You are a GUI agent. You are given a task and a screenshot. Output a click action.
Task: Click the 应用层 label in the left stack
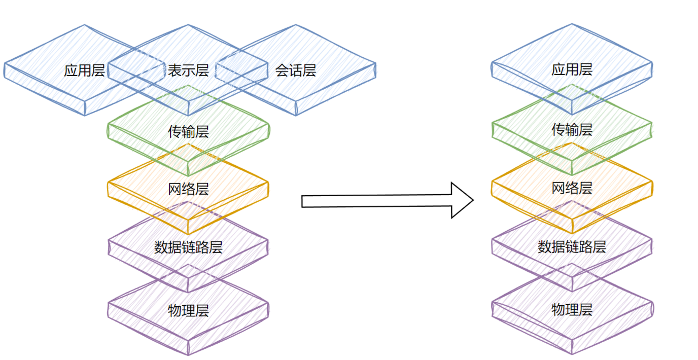click(x=84, y=70)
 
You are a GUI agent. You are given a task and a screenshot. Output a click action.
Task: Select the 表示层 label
click(x=188, y=70)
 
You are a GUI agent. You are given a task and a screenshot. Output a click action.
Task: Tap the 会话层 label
click(x=296, y=70)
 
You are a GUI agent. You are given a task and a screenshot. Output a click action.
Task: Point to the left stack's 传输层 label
click(x=188, y=132)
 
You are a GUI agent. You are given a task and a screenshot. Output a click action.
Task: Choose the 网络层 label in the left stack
click(x=188, y=190)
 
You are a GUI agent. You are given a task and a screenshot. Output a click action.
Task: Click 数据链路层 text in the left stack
click(x=188, y=247)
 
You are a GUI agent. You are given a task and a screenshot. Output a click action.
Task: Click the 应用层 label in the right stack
click(x=572, y=69)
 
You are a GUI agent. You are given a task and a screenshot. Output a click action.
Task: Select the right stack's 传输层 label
click(x=572, y=130)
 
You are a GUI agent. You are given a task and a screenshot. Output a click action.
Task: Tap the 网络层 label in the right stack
click(x=572, y=189)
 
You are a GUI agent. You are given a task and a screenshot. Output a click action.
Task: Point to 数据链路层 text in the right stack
click(x=572, y=247)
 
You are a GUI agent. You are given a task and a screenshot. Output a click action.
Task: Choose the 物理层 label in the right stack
click(x=572, y=309)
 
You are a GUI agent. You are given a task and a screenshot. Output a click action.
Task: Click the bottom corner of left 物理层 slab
click(x=188, y=354)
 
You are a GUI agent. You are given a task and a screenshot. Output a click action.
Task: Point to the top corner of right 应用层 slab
click(x=572, y=24)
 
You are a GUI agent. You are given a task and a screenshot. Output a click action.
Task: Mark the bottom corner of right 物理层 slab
click(x=572, y=353)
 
